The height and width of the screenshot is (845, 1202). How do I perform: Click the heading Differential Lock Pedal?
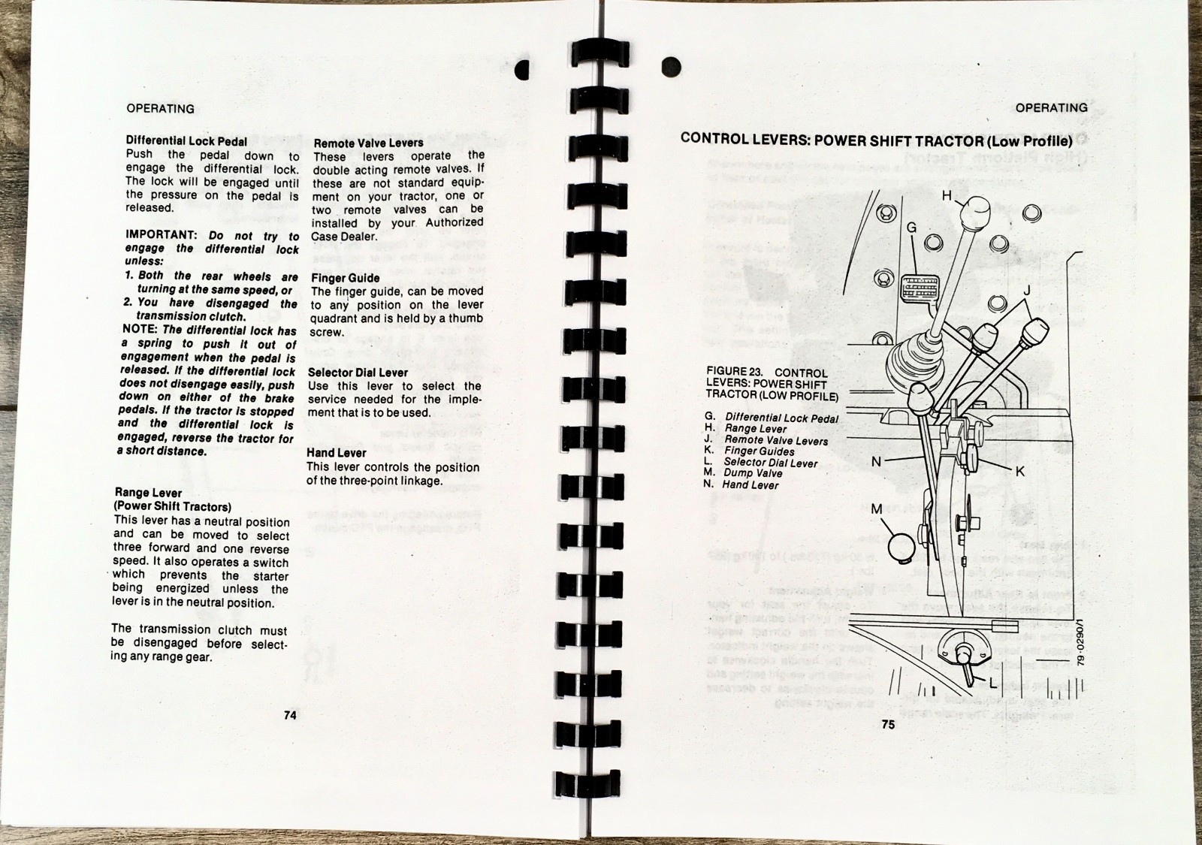[186, 141]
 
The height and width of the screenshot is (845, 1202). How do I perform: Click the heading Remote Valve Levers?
[368, 143]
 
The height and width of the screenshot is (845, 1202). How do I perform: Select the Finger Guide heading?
[345, 278]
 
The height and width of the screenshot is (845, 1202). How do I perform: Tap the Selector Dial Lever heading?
[358, 373]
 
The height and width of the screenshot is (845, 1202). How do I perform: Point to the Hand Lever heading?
[337, 453]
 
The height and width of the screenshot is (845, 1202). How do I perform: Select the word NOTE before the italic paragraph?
[140, 330]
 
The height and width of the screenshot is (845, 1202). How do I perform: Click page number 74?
[290, 716]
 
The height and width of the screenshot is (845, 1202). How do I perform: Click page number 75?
[888, 725]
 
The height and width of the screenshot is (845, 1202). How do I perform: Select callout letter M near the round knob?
[876, 509]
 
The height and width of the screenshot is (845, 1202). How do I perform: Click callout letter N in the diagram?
[876, 461]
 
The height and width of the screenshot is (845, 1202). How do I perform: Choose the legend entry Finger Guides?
[759, 451]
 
